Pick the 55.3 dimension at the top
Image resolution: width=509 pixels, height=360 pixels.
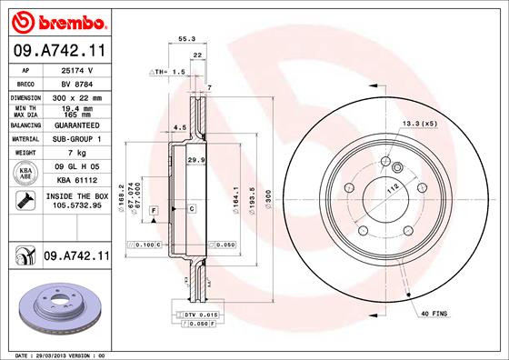187,39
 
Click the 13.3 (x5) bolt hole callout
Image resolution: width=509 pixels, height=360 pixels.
420,124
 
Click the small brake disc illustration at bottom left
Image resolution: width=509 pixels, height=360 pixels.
57,306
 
